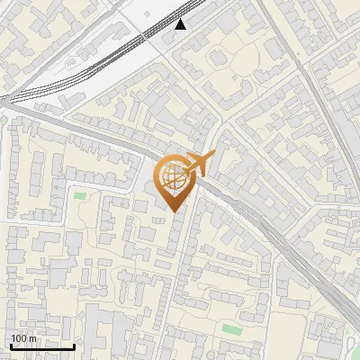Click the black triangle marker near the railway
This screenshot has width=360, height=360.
(181, 24)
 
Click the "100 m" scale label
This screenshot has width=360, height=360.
(23, 338)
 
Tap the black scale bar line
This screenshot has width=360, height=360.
(42, 346)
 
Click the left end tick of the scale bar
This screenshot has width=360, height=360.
(11, 345)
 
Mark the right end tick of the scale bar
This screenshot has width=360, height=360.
(74, 345)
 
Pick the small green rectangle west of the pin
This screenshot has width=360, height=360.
(80, 195)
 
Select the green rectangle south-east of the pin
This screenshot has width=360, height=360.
(232, 329)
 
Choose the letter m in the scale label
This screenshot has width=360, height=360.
(32, 338)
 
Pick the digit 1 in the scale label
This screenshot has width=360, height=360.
(13, 338)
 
